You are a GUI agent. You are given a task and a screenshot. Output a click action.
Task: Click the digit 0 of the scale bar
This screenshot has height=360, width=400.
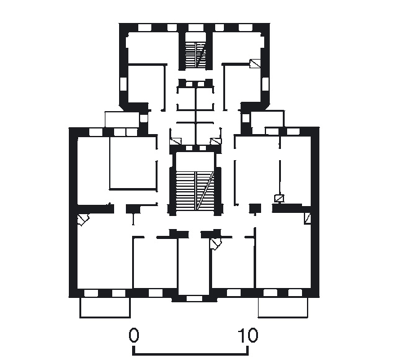(134, 335)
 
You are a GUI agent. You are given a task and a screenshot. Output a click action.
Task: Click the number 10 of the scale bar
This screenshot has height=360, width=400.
(247, 335)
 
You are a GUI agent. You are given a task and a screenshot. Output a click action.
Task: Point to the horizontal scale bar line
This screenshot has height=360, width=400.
(190, 354)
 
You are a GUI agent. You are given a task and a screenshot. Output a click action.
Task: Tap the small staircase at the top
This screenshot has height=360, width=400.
(195, 55)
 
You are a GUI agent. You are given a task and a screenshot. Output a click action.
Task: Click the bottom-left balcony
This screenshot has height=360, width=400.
(105, 308)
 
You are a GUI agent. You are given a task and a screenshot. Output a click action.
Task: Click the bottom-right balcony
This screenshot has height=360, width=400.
(283, 308)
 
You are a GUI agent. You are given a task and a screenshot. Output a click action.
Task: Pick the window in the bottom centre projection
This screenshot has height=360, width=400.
(194, 299)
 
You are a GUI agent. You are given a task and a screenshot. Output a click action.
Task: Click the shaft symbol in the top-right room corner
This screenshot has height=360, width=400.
(255, 63)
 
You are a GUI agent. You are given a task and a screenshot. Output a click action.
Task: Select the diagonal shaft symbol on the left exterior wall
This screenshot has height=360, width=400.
(84, 220)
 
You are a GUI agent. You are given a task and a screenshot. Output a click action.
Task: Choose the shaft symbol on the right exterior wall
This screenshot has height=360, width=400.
(308, 219)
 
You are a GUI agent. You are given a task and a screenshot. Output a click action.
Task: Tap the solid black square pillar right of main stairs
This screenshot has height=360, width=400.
(255, 209)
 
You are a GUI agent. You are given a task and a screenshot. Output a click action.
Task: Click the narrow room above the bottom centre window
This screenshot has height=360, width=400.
(194, 266)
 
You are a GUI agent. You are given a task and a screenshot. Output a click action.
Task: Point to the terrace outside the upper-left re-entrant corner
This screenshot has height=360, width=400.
(122, 119)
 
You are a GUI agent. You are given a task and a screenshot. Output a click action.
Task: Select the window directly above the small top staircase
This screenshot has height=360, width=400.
(196, 27)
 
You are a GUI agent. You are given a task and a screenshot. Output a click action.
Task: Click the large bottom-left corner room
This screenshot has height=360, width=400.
(105, 255)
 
